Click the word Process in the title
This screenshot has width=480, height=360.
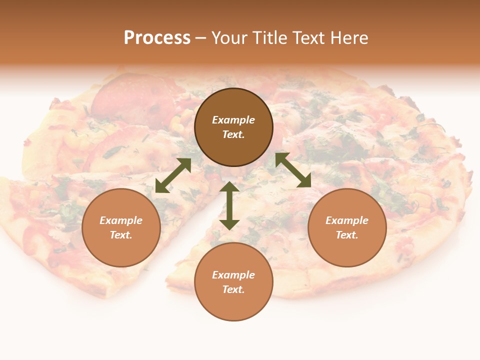[157, 38]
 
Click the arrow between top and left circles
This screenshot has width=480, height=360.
[173, 175]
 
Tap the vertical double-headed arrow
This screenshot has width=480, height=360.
[229, 205]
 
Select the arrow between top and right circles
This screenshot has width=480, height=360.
[293, 170]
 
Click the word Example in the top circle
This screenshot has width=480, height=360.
[233, 120]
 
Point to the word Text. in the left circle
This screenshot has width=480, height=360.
[121, 235]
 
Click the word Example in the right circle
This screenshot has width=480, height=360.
[347, 220]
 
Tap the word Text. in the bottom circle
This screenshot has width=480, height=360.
[233, 289]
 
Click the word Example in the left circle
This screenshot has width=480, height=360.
[121, 220]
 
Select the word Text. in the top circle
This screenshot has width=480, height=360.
[233, 134]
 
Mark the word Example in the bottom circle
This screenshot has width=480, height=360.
[233, 275]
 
